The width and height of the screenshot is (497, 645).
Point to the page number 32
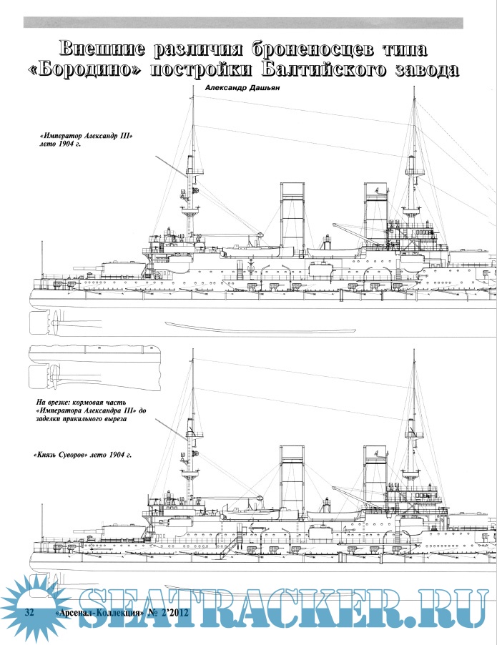click(30, 614)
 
